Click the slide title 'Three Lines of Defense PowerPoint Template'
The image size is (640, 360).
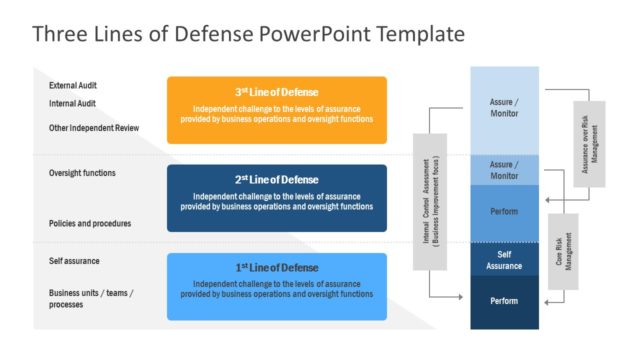tap(248, 34)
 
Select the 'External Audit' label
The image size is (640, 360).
tap(73, 86)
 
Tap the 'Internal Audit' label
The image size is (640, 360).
tap(72, 103)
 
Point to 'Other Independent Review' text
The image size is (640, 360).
tap(94, 128)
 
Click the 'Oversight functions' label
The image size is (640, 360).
tap(82, 173)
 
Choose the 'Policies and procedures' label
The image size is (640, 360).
tap(90, 223)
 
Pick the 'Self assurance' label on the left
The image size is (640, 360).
tap(74, 261)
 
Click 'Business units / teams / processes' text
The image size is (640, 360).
tap(91, 298)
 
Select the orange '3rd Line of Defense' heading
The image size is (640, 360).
tap(276, 91)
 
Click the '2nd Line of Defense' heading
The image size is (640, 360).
tap(276, 179)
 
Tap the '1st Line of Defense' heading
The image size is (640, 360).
tap(276, 267)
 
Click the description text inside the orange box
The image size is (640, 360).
tap(276, 113)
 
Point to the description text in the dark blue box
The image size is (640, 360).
tap(276, 201)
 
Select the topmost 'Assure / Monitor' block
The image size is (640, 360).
tap(504, 107)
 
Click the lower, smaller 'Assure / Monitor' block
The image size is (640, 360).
tap(504, 169)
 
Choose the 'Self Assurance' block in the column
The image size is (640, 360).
tap(504, 260)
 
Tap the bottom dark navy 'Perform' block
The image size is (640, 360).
tap(504, 301)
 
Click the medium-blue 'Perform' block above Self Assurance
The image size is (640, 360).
tap(504, 213)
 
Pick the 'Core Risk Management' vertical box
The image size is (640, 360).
tap(563, 251)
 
